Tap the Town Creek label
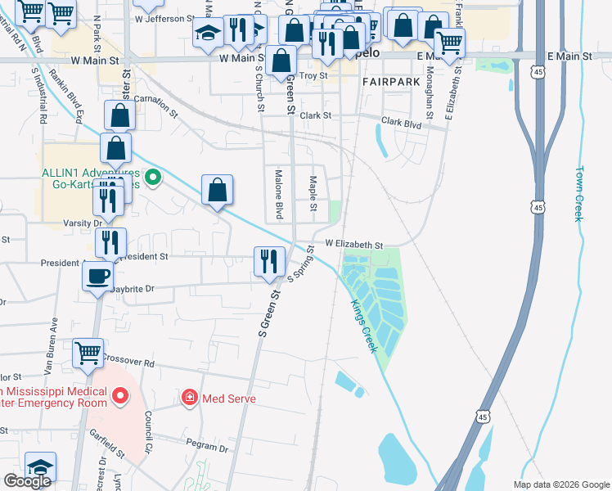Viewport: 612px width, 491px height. (x=578, y=194)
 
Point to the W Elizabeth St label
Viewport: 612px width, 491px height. (x=354, y=245)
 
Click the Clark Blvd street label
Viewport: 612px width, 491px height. (x=401, y=124)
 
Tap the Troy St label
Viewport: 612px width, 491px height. (x=313, y=75)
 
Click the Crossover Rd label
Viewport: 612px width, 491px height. (x=128, y=362)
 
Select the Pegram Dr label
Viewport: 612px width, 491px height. (x=207, y=448)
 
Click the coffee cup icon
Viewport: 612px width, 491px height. (x=98, y=275)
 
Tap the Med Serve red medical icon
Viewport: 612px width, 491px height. (x=190, y=399)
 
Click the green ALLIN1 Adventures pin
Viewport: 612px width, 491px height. (x=151, y=177)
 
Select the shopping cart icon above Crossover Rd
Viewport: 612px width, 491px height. (x=88, y=353)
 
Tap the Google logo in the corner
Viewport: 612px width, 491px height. (x=27, y=481)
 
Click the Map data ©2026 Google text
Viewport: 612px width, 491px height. (x=560, y=484)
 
